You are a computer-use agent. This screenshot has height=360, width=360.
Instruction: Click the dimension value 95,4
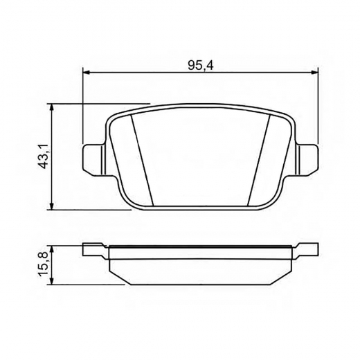tap(199, 64)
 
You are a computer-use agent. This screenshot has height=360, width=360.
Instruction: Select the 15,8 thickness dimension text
tap(43, 263)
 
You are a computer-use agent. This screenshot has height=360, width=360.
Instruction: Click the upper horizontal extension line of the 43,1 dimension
tap(97, 104)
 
